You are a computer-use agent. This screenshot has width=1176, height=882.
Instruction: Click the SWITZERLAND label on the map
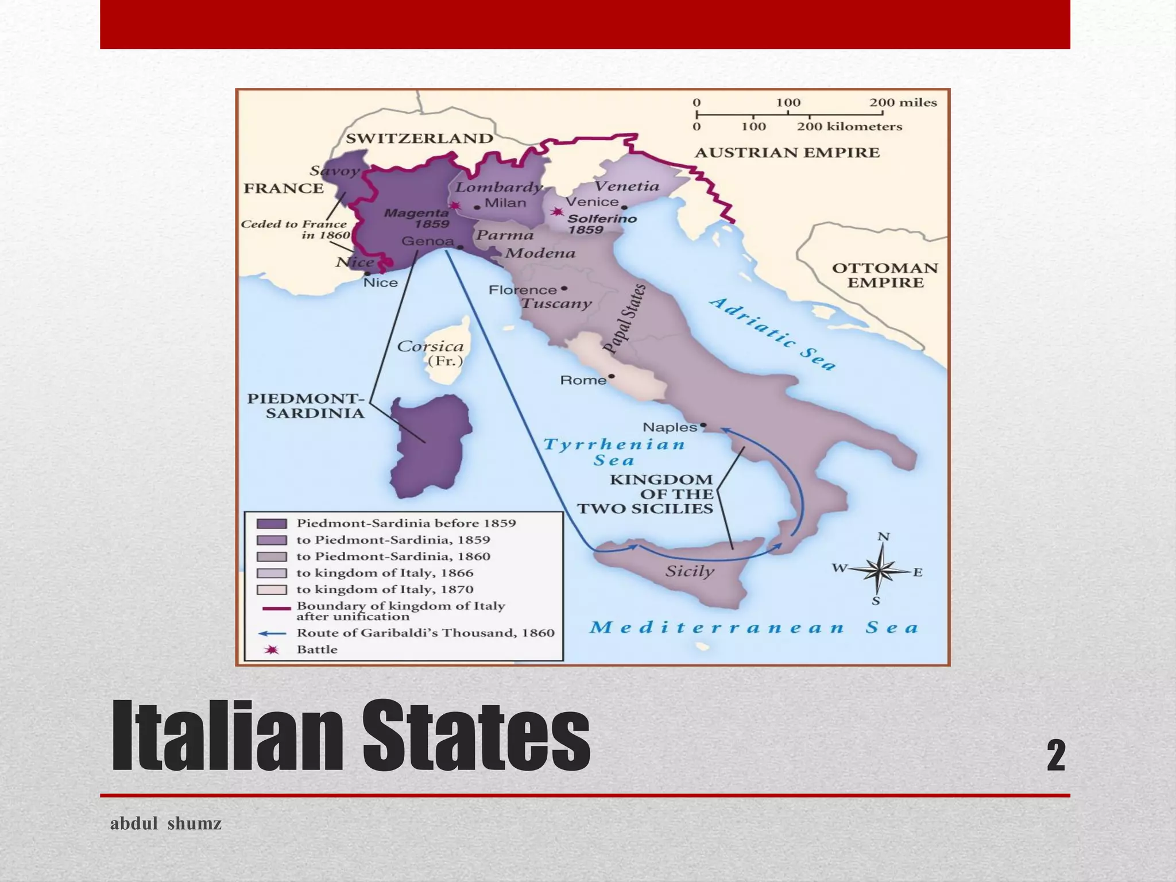419,138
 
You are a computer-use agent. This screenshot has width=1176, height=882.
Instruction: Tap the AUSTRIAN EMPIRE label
787,153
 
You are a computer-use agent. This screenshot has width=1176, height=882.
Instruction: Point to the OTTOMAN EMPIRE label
885,275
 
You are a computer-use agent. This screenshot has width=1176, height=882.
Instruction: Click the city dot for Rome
612,377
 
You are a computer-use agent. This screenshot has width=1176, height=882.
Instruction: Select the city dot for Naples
704,425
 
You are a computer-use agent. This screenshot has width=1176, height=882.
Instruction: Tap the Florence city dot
564,288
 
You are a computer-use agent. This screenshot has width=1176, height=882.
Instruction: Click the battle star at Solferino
556,212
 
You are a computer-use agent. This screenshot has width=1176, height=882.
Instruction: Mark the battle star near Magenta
455,205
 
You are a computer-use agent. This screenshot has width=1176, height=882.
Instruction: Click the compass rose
878,570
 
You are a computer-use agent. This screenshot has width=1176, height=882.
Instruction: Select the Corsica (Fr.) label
431,353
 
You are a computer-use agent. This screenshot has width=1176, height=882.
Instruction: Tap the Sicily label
690,571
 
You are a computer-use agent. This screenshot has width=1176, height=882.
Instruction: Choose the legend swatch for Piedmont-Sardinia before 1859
272,524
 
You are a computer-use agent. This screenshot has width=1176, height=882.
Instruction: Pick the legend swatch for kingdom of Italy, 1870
272,590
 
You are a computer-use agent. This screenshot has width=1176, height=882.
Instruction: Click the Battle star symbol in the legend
272,649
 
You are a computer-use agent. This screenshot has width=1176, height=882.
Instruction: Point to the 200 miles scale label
903,103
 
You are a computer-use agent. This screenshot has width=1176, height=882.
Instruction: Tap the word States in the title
476,737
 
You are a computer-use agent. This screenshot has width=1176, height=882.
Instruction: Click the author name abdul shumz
165,824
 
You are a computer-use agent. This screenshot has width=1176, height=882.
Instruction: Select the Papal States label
625,319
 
